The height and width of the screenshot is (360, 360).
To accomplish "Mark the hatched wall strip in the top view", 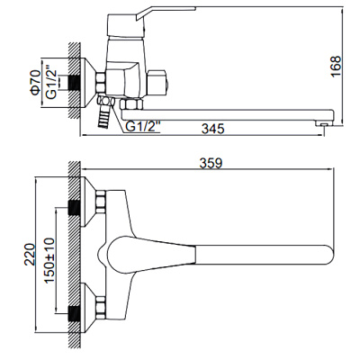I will (x=75, y=261).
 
